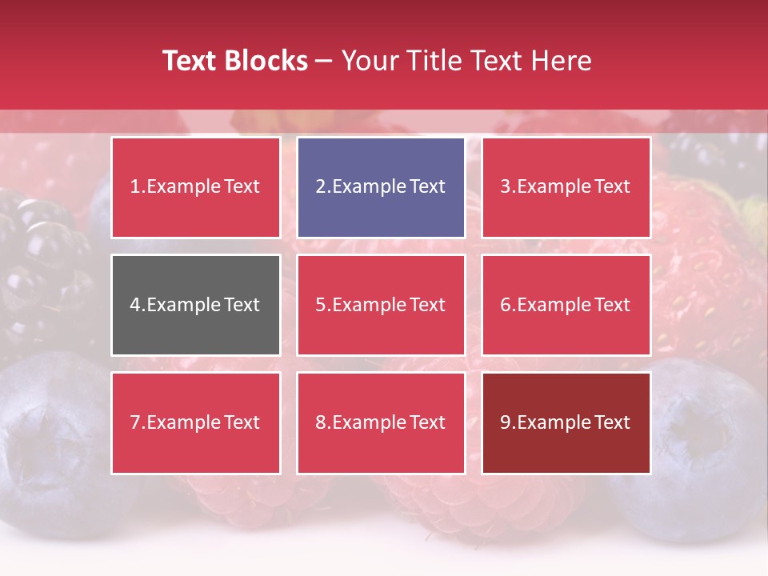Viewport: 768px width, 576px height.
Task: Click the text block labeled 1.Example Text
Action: click(x=195, y=187)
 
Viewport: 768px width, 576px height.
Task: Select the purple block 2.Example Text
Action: click(x=381, y=187)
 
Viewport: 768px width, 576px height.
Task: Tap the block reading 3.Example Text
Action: click(x=566, y=187)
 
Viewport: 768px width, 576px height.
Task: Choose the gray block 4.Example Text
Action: click(x=195, y=305)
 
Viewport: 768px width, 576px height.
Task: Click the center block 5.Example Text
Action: click(x=381, y=305)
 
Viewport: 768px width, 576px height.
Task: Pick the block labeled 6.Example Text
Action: click(x=566, y=305)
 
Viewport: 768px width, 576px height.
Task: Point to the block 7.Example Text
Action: click(x=195, y=422)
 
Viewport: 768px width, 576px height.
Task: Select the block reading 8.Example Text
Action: click(x=381, y=422)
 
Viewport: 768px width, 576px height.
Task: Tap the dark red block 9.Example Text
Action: click(x=566, y=422)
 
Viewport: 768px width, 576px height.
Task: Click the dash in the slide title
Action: click(x=324, y=61)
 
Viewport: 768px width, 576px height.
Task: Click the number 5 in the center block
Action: click(x=320, y=305)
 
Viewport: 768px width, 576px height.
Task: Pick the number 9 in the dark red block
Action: click(x=505, y=422)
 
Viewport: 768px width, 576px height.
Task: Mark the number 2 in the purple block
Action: click(x=320, y=187)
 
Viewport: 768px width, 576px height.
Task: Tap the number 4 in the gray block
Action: click(x=135, y=305)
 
